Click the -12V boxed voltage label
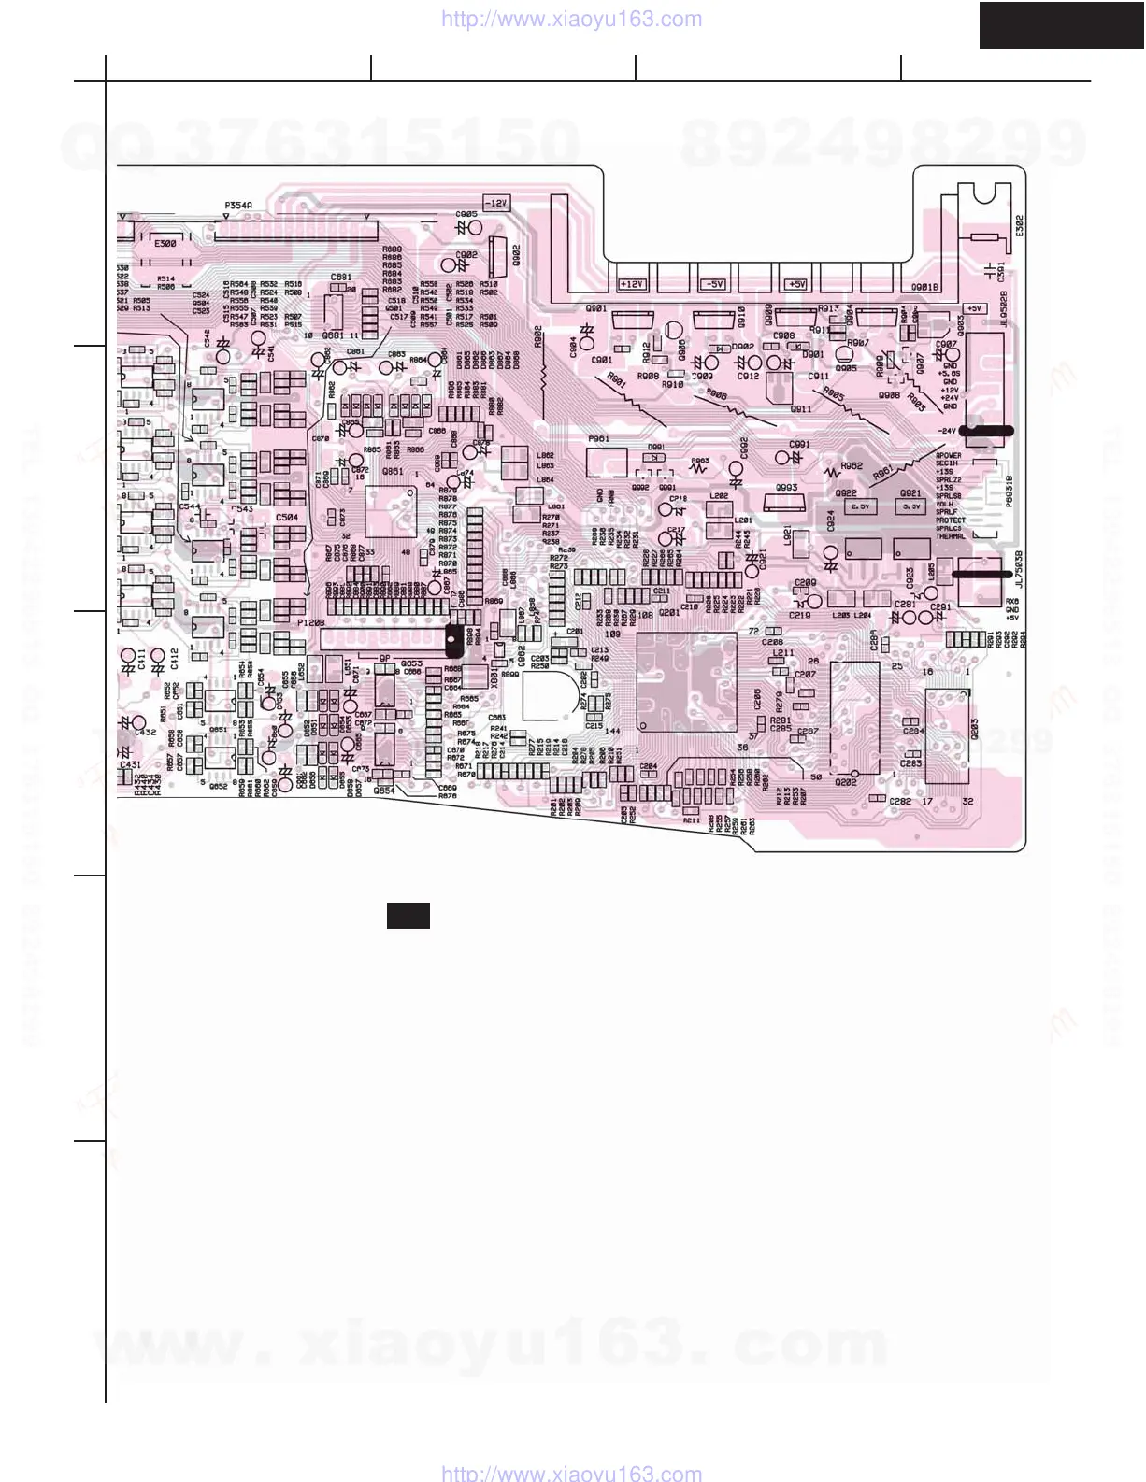(x=495, y=203)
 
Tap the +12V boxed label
(x=633, y=284)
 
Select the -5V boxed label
(x=714, y=284)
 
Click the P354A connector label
(x=238, y=205)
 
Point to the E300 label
(x=165, y=244)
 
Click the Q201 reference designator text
(x=669, y=613)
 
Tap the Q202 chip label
(x=846, y=782)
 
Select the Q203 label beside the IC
(x=974, y=730)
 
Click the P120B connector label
(x=311, y=622)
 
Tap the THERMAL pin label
(x=950, y=537)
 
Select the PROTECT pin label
(x=950, y=520)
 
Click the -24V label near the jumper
(x=948, y=431)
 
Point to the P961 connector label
(x=598, y=438)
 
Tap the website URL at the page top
(x=570, y=20)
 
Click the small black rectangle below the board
(x=408, y=916)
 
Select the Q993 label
(x=786, y=488)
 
